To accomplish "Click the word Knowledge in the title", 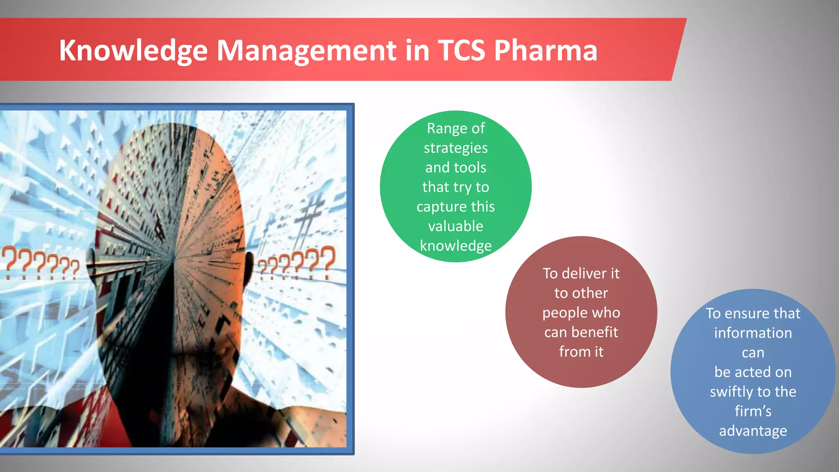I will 133,51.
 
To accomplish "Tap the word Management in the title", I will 306,51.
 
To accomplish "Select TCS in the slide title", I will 461,51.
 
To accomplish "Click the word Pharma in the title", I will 546,51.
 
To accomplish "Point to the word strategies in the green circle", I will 456,148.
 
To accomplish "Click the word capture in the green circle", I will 441,207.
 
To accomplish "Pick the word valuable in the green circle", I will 456,226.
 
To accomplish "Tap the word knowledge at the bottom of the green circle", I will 456,246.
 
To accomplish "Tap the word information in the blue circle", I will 753,333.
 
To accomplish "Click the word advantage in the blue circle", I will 753,431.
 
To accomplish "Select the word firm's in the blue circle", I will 753,411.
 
